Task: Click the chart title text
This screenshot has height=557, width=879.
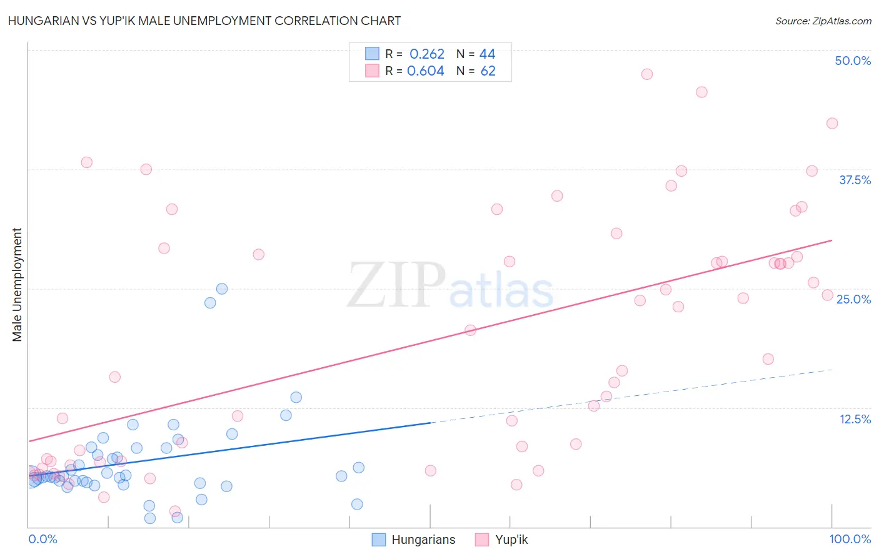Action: click(x=204, y=21)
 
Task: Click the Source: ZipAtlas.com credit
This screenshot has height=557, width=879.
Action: click(x=823, y=21)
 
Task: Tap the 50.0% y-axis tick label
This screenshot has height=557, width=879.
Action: click(x=853, y=61)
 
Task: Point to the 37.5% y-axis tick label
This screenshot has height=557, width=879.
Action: click(x=855, y=180)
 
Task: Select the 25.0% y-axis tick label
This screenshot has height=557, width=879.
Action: click(x=853, y=299)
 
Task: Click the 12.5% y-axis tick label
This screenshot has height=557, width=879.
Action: click(x=855, y=419)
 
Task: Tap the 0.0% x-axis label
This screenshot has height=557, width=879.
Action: click(x=43, y=539)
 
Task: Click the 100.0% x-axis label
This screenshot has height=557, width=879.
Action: click(x=850, y=539)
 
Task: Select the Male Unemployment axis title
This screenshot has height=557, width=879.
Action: click(x=18, y=285)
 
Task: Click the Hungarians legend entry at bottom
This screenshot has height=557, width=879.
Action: click(x=414, y=540)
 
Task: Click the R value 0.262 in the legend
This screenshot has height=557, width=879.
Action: click(x=426, y=54)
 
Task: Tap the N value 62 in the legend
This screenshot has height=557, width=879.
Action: click(x=488, y=71)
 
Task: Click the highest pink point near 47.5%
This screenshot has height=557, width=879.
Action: click(x=647, y=74)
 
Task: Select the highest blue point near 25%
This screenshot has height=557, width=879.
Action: click(x=222, y=289)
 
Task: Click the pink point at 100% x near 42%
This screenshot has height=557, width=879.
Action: click(x=832, y=124)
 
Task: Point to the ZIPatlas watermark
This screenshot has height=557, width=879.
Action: click(x=450, y=286)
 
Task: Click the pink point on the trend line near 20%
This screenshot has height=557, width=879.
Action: click(x=471, y=330)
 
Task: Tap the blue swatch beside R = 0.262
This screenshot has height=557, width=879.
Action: click(x=372, y=54)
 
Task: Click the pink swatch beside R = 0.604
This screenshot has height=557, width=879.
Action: click(x=372, y=71)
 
